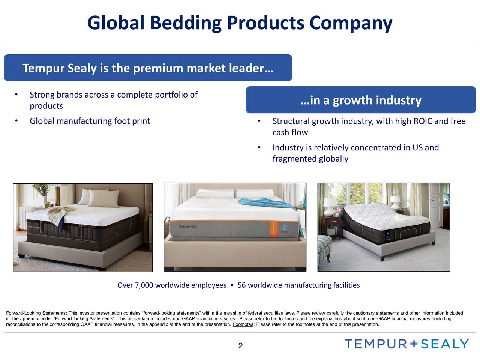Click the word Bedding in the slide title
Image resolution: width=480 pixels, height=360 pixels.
[186, 23]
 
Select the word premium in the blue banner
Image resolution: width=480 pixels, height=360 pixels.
[158, 69]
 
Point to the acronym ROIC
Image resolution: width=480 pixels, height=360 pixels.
[422, 121]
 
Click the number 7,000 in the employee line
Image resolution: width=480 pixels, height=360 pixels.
[144, 285]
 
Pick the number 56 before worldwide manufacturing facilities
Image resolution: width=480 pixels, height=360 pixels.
[241, 285]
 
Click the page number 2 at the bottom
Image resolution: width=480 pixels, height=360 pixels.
[240, 346]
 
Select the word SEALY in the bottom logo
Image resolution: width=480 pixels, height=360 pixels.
[445, 343]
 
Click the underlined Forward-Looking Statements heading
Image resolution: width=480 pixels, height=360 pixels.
[36, 313]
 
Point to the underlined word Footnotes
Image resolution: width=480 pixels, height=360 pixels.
[243, 324]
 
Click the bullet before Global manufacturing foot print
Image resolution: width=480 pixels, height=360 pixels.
[16, 121]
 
